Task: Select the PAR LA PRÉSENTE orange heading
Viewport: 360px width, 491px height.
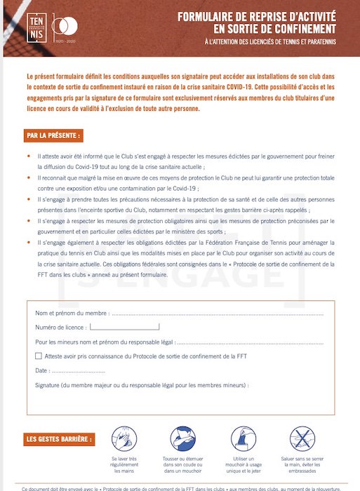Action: point(53,135)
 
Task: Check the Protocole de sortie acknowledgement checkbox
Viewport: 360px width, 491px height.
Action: point(39,356)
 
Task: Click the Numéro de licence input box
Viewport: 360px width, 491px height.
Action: point(124,327)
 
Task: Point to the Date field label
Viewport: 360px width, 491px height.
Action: point(41,370)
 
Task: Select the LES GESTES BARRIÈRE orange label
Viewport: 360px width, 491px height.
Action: point(59,440)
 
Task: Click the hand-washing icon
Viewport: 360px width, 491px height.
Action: point(124,438)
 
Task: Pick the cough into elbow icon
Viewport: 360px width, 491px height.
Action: point(184,438)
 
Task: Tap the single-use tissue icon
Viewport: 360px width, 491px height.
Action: point(243,438)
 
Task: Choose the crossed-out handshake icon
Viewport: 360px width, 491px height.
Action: point(302,438)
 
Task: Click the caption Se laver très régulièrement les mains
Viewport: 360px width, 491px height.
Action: point(124,466)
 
